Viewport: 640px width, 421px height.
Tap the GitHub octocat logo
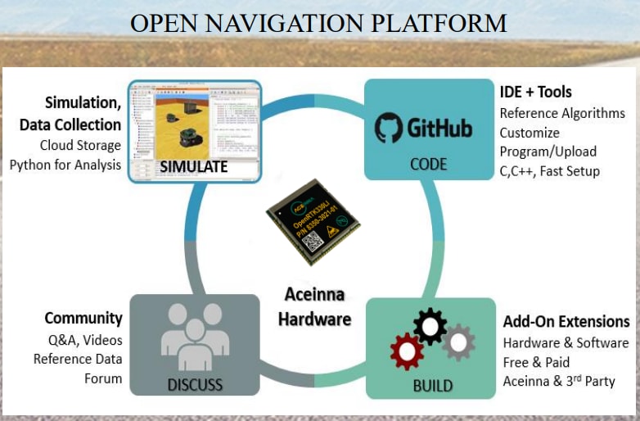390,129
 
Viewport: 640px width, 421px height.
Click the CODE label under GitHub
428,164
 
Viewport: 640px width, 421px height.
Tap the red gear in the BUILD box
407,352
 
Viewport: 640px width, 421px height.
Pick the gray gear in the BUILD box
458,342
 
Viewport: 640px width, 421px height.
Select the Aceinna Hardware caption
314,306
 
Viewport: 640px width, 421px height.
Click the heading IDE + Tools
535,92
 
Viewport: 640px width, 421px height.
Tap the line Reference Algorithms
561,113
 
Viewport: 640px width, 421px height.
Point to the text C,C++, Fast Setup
549,171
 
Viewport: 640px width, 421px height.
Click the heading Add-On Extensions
566,321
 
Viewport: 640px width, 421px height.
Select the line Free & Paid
536,362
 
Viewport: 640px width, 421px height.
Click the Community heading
83,318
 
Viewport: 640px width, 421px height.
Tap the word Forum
103,378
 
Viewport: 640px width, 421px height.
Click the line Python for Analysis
65,165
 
